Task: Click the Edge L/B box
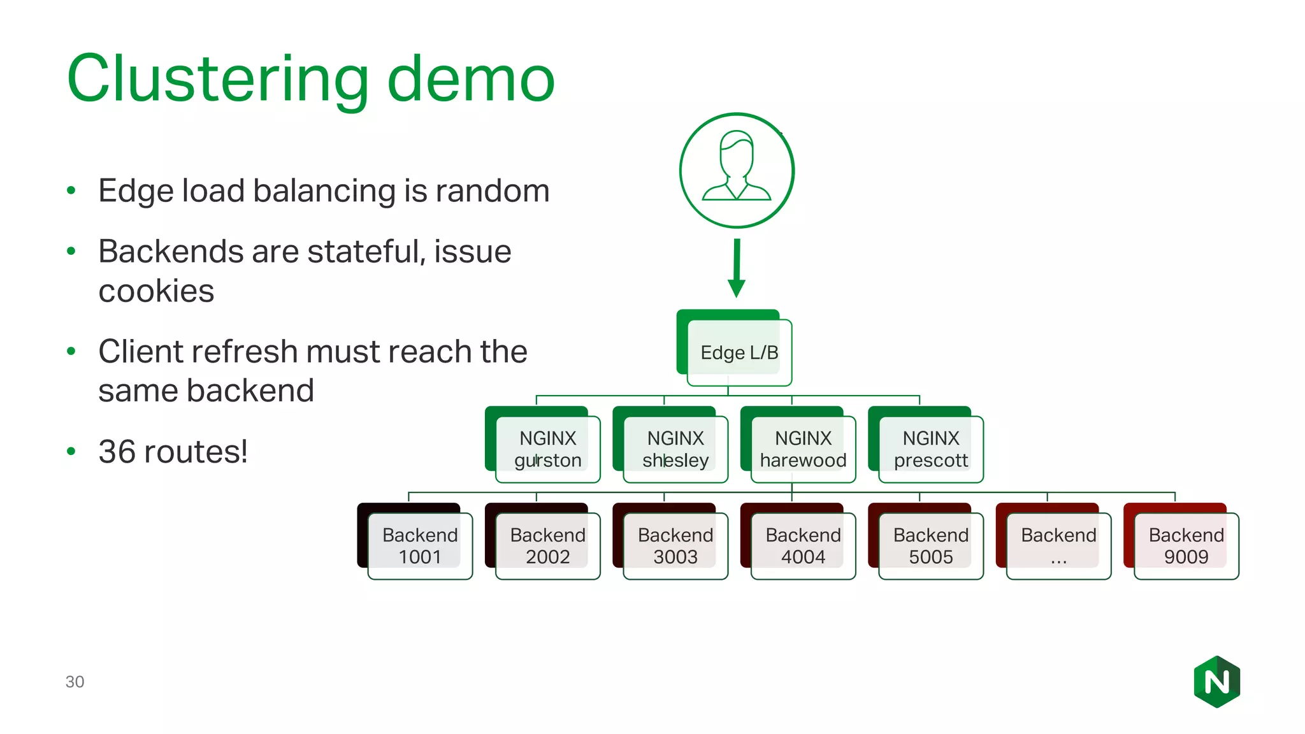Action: [x=739, y=352]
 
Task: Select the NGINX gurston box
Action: [x=547, y=449]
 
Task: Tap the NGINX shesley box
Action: [x=675, y=449]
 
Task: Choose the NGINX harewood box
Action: [x=803, y=449]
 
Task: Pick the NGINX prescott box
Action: [x=930, y=449]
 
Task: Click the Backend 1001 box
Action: [x=420, y=546]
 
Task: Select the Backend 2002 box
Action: [x=547, y=546]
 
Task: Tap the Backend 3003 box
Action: [x=675, y=546]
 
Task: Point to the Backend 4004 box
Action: [x=803, y=546]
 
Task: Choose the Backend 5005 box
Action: [x=930, y=546]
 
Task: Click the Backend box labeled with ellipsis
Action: [x=1058, y=546]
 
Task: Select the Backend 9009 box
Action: [x=1186, y=546]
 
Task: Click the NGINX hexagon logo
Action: [x=1216, y=682]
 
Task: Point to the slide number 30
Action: [x=75, y=682]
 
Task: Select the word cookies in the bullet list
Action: [x=156, y=291]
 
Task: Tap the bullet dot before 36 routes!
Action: [x=71, y=452]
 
